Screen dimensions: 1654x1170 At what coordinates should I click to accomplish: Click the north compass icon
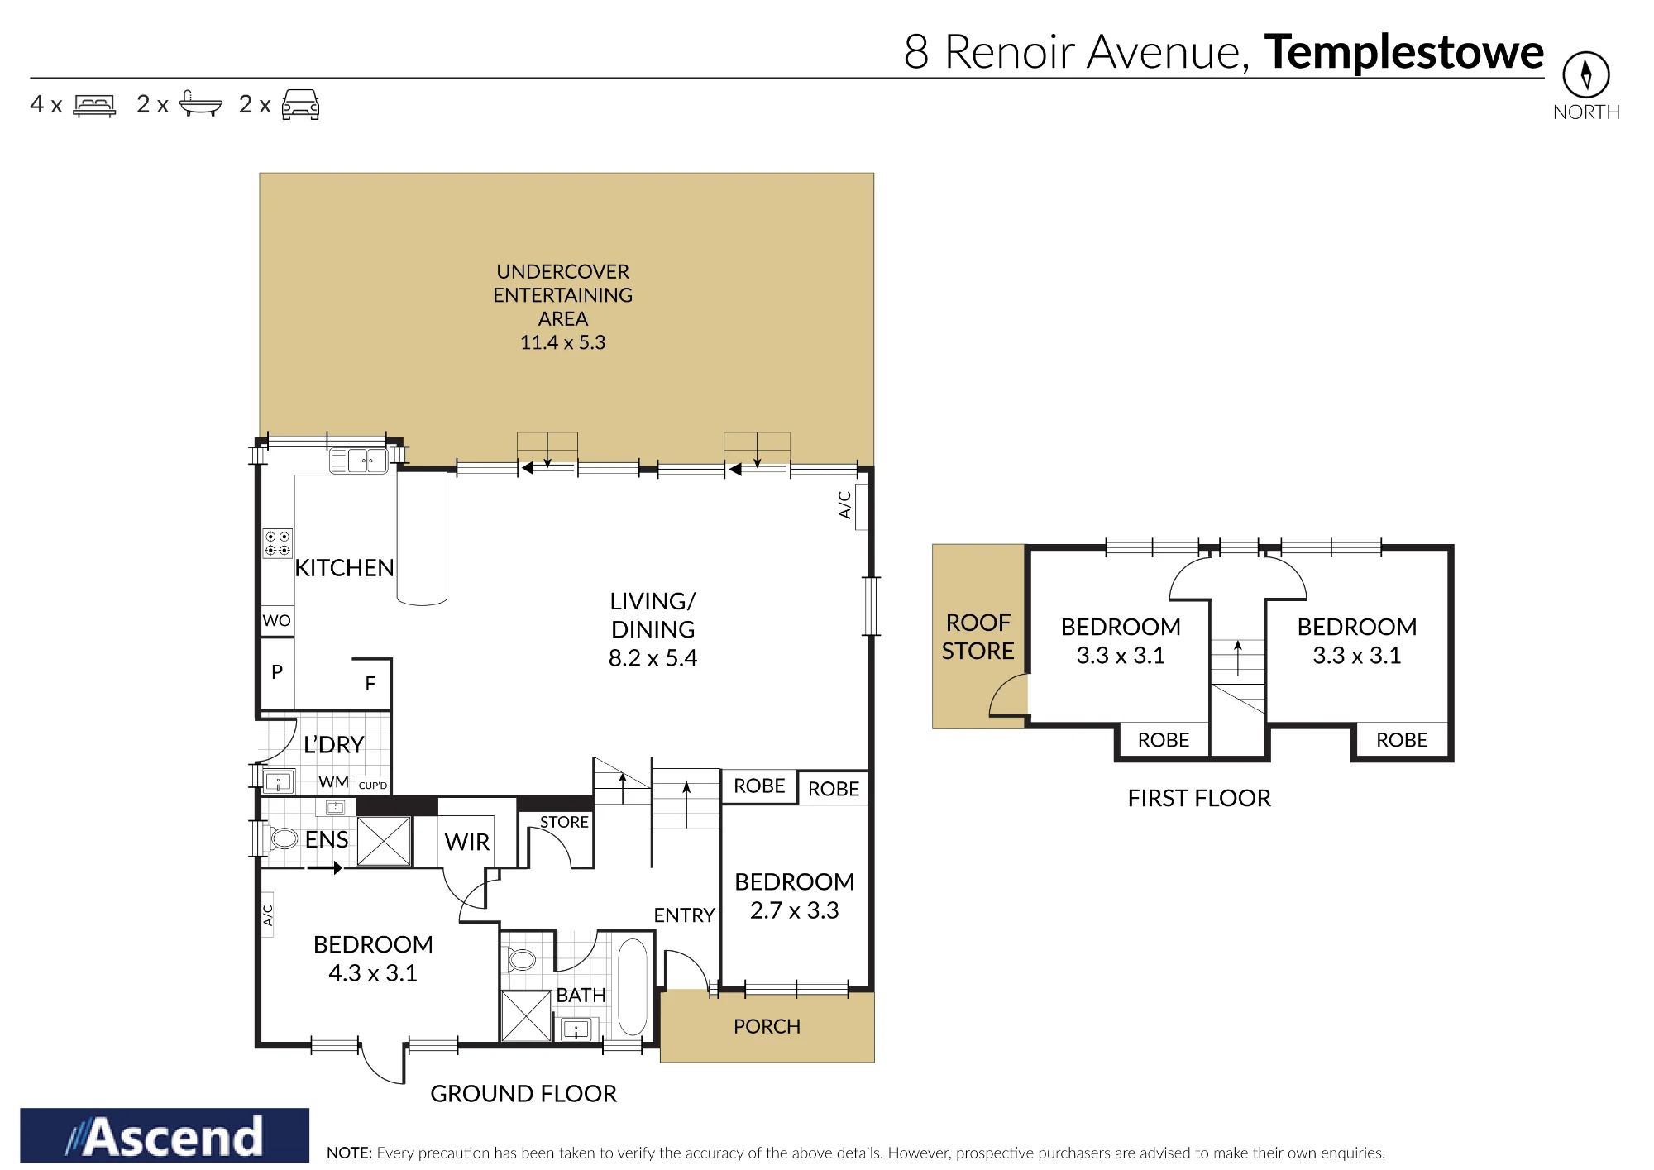[1585, 74]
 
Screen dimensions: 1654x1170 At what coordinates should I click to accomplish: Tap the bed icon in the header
[94, 106]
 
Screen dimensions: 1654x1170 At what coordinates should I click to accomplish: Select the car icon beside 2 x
[300, 105]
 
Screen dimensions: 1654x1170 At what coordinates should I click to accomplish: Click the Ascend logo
[165, 1135]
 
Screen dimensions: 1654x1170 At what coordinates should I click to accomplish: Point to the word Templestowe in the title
[1403, 52]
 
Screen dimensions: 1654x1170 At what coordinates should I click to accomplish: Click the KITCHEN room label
[344, 568]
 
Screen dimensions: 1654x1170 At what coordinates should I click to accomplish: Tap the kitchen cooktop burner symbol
[277, 543]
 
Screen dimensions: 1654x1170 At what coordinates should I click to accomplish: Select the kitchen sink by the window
[359, 461]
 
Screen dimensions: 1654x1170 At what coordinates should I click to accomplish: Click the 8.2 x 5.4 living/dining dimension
[653, 658]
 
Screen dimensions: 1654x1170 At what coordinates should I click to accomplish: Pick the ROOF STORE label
[978, 637]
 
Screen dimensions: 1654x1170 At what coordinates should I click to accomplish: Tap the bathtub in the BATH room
[633, 986]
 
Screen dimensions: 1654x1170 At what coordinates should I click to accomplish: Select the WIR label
[467, 842]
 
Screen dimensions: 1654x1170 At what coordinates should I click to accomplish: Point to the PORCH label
[767, 1026]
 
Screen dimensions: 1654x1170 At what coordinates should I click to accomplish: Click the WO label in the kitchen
[276, 620]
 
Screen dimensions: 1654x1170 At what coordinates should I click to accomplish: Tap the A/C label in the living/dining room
[844, 504]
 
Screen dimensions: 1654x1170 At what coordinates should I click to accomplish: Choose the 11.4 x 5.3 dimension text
[562, 342]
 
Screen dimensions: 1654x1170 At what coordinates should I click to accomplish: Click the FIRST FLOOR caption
[1199, 798]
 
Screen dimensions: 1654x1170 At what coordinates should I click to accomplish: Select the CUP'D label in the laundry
[372, 786]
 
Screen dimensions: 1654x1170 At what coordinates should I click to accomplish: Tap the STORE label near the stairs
[564, 822]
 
